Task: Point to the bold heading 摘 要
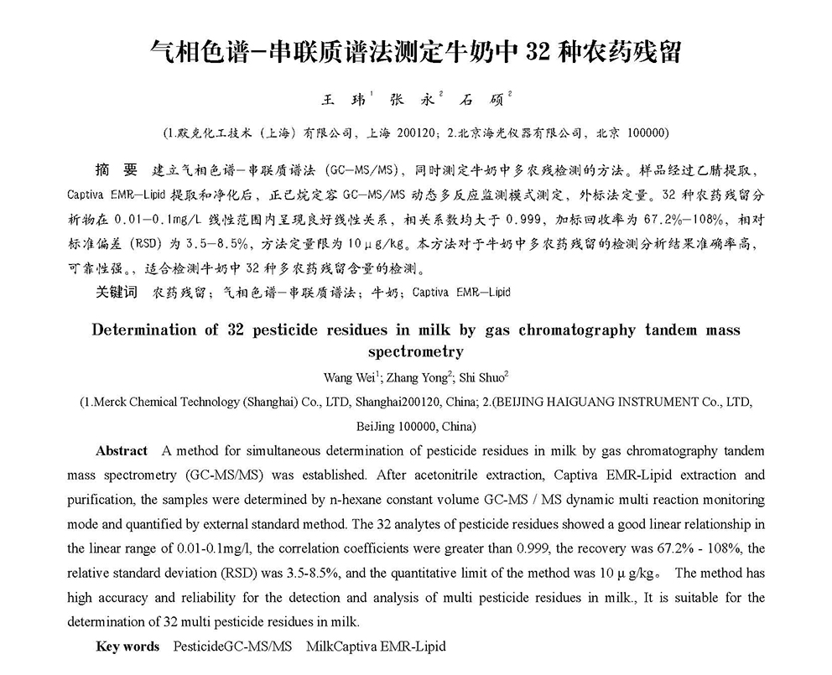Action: pos(116,170)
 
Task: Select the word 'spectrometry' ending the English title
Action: pos(415,351)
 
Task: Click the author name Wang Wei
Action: pos(346,377)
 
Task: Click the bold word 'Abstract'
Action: pos(122,451)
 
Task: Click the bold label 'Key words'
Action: pos(127,646)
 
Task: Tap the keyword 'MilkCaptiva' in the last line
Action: pos(341,646)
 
